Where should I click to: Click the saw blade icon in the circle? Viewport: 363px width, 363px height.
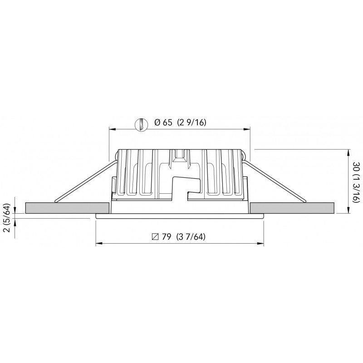pos(142,124)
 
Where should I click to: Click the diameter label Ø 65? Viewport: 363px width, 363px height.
pos(163,122)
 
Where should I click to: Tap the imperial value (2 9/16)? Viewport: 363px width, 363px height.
pos(191,122)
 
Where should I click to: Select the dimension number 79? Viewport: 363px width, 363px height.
pos(167,236)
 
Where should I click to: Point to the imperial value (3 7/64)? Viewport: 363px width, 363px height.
pos(191,236)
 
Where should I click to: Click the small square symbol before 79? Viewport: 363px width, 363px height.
pos(155,237)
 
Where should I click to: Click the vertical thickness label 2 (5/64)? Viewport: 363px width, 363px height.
pos(7,218)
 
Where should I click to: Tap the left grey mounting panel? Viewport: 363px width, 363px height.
pos(67,208)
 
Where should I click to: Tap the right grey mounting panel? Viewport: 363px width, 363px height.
pos(292,208)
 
